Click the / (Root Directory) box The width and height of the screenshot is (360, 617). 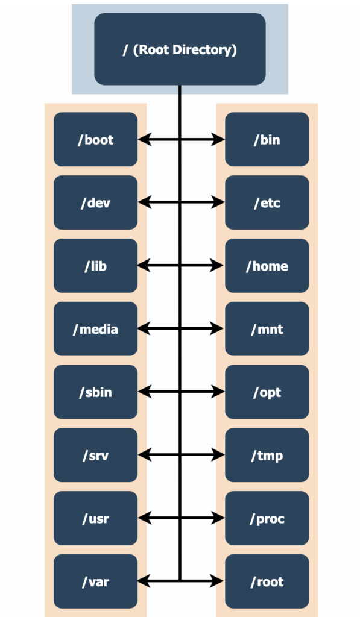click(x=180, y=49)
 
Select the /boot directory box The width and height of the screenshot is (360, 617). click(x=96, y=139)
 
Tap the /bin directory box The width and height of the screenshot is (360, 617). click(x=267, y=139)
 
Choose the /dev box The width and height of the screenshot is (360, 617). click(x=96, y=202)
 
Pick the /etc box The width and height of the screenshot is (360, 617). click(x=267, y=202)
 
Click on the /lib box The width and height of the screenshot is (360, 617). click(x=96, y=266)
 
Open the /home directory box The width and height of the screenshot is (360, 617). click(x=267, y=266)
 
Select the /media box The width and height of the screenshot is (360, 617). click(x=96, y=328)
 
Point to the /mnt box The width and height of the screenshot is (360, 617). click(x=267, y=328)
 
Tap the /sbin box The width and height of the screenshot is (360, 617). click(x=96, y=392)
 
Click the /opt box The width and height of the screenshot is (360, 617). click(x=267, y=392)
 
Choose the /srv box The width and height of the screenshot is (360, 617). click(x=96, y=455)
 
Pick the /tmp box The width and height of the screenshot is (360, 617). click(x=267, y=455)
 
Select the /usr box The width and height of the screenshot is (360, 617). click(x=96, y=518)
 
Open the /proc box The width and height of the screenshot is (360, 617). click(x=267, y=518)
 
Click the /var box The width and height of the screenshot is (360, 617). click(x=96, y=581)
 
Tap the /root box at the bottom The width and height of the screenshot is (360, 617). click(x=267, y=581)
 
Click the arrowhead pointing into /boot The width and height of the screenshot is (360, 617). click(x=144, y=139)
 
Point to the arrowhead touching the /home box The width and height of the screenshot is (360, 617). click(x=218, y=266)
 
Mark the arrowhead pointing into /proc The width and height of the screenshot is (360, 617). click(x=218, y=518)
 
